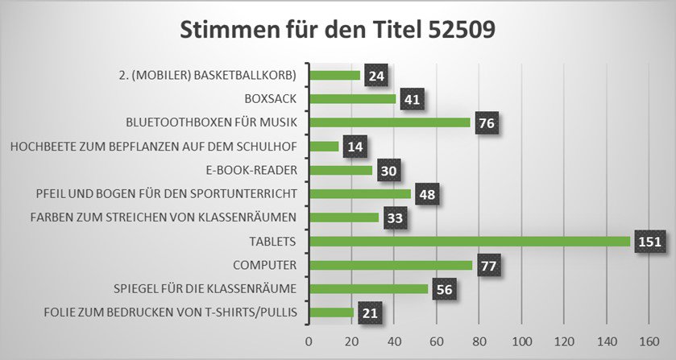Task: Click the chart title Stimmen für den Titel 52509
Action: pos(337,30)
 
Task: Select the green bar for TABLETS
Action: pos(457,242)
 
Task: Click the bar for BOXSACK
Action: pos(352,99)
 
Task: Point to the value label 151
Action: pos(648,242)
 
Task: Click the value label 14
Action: pos(355,147)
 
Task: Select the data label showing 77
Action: pos(488,265)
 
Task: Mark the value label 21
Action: pos(369,312)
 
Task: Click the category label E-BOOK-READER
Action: pos(251,170)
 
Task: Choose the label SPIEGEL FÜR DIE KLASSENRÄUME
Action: pos(210,288)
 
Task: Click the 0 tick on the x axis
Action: pos(309,341)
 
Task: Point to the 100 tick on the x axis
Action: pos(521,341)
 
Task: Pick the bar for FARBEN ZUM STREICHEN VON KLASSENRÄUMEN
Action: pos(343,217)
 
